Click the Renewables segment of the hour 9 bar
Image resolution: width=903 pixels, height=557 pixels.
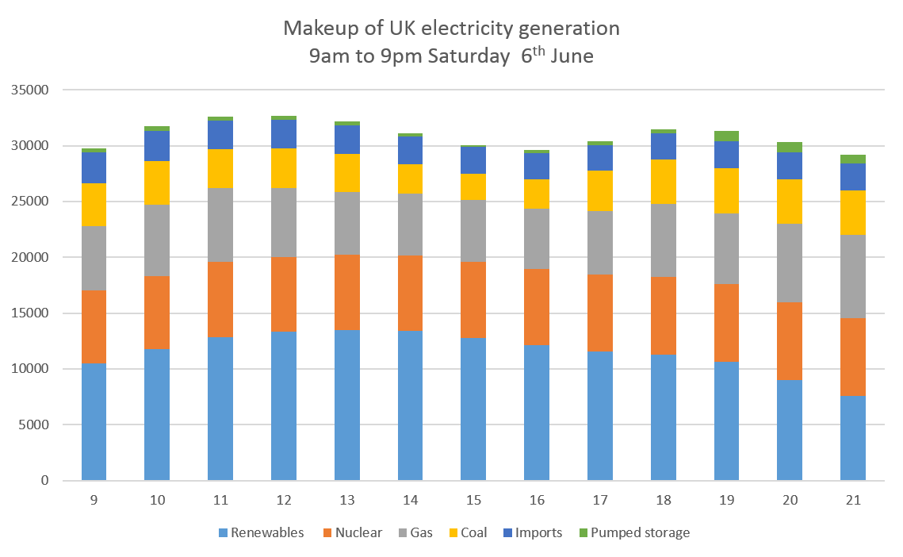[94, 421]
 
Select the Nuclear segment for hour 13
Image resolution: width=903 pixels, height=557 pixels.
[346, 292]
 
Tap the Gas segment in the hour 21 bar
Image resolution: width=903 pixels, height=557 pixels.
[853, 276]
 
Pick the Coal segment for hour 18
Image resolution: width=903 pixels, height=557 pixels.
[664, 182]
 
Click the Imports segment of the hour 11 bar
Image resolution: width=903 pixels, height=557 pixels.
[220, 135]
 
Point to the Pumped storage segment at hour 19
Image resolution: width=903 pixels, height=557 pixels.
[727, 136]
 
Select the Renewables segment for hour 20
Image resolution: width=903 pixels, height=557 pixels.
[790, 430]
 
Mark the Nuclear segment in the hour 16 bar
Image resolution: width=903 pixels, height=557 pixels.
[537, 307]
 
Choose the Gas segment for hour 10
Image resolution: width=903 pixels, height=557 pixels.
[157, 240]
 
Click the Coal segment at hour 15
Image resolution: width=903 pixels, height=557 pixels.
[473, 186]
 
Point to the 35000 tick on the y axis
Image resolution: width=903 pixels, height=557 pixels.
[30, 90]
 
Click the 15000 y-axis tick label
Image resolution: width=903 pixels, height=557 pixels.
[30, 313]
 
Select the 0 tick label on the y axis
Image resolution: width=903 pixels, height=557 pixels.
[44, 481]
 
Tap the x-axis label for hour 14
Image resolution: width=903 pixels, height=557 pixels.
[410, 501]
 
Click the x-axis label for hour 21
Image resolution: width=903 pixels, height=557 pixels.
[853, 501]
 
